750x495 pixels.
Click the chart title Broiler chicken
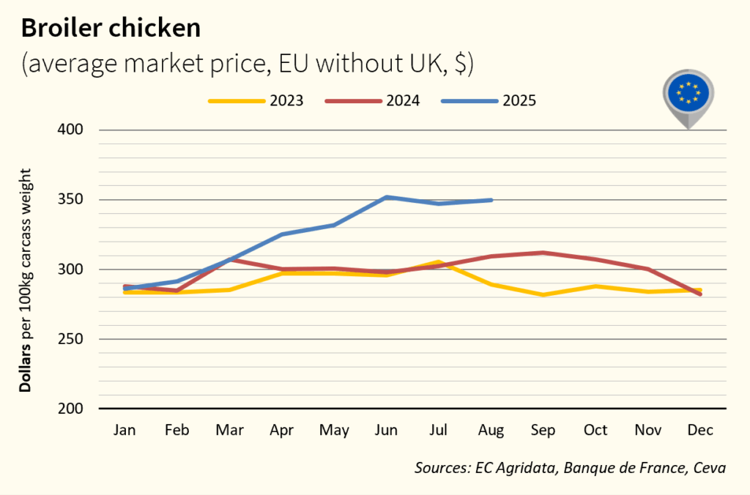click(111, 27)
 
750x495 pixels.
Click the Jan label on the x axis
click(125, 431)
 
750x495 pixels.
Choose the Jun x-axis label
click(387, 431)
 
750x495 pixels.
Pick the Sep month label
click(543, 431)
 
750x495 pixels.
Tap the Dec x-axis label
click(701, 431)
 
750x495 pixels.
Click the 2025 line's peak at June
click(387, 197)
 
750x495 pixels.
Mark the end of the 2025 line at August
click(491, 200)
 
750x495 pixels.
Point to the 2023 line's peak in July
click(439, 262)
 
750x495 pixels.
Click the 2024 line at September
click(543, 253)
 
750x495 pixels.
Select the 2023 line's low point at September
click(543, 294)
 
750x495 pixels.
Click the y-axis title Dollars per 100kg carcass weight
click(26, 279)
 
